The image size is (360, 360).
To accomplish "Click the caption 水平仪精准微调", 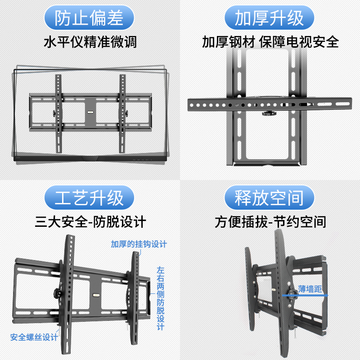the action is (90, 42).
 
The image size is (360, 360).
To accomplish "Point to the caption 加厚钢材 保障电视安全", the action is (270, 42).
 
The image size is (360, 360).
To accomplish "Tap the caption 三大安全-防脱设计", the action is (90, 222).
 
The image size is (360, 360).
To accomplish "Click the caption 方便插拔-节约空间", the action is (270, 222).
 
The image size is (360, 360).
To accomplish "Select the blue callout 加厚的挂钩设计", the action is (139, 244).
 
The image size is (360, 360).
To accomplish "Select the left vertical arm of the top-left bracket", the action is (58, 112).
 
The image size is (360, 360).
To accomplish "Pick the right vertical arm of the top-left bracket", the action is (121, 112).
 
